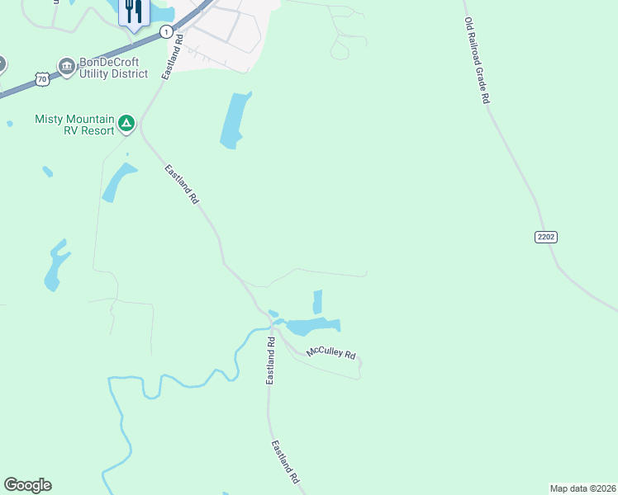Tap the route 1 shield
pos(167,32)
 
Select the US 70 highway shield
pos(42,78)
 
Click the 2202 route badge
pos(546,237)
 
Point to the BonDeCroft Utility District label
pos(113,68)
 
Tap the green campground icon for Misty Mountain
pos(126,124)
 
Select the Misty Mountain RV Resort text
pos(74,125)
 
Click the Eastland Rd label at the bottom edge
pos(285,461)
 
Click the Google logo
pos(27,485)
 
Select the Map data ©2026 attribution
pos(582,488)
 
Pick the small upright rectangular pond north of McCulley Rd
pos(317,301)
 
